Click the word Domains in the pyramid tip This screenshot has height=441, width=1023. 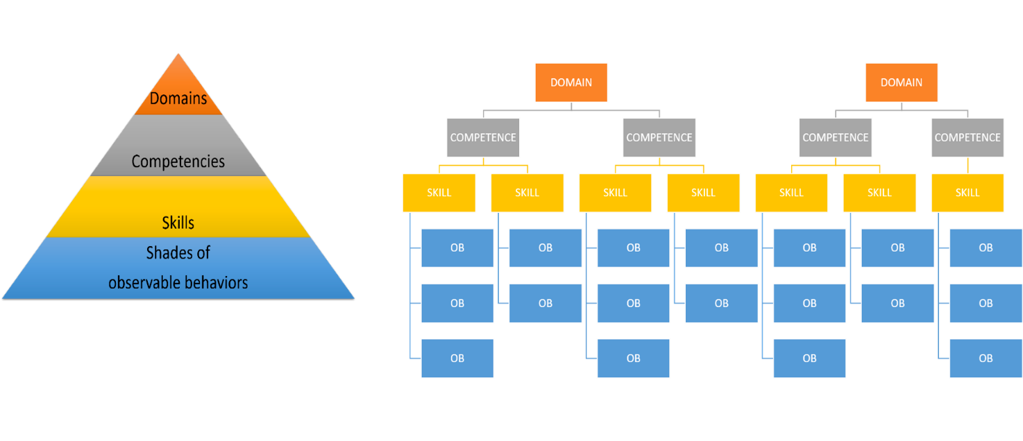tap(178, 98)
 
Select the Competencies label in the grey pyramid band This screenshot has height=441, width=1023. tap(178, 162)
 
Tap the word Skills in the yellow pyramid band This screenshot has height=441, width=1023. tap(178, 223)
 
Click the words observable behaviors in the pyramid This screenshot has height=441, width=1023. tap(178, 283)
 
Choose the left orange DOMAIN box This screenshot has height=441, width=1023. tap(571, 82)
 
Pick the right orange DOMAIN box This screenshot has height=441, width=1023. tap(902, 82)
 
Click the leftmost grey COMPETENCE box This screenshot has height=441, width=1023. tap(483, 137)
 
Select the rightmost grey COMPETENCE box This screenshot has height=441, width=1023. tap(967, 137)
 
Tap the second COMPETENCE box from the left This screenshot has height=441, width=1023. tap(659, 137)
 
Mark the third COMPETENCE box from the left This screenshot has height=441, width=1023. tap(836, 137)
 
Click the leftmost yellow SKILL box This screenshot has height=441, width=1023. tap(439, 193)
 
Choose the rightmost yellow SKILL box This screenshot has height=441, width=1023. tap(967, 193)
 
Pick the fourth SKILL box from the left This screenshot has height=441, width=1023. tap(703, 193)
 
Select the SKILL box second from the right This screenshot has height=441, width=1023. tap(879, 193)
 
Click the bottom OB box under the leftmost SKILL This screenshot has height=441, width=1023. tap(457, 358)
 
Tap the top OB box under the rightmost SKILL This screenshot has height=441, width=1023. tap(986, 248)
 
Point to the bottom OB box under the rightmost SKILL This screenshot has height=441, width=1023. tap(986, 358)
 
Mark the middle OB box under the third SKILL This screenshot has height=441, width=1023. tap(634, 303)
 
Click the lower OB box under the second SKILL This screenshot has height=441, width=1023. tap(546, 303)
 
